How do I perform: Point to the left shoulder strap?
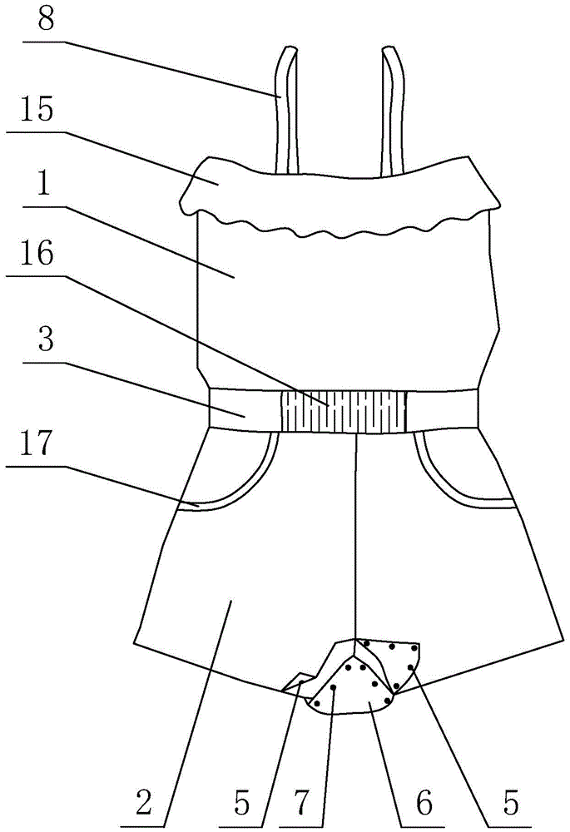(x=284, y=108)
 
